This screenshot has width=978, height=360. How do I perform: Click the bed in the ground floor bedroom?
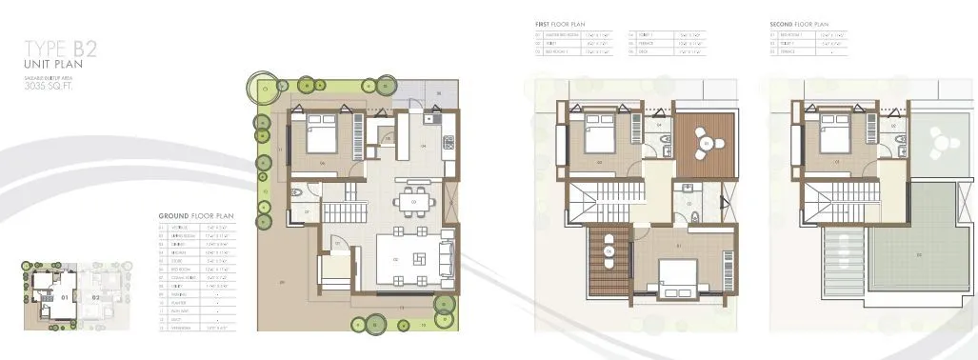(318, 134)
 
